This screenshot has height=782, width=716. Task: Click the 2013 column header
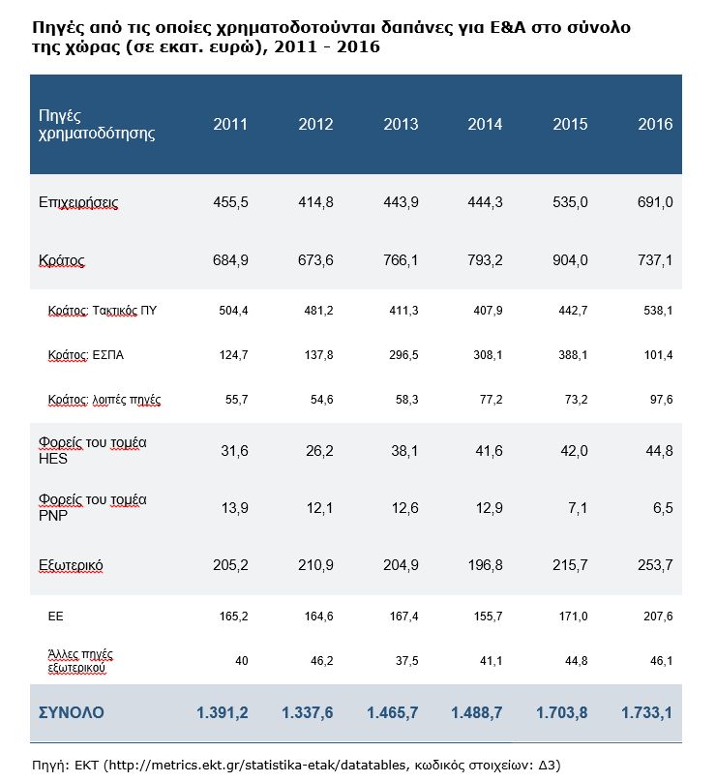[x=401, y=125]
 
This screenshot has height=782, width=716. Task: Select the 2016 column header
[x=655, y=125]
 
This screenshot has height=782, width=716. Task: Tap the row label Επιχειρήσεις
[x=79, y=202]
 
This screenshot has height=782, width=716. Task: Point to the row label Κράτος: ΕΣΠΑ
[x=86, y=355]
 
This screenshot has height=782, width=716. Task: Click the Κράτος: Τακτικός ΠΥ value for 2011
[x=232, y=311]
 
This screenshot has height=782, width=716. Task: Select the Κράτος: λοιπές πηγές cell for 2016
[x=658, y=399]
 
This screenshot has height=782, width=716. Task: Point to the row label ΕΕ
[x=56, y=615]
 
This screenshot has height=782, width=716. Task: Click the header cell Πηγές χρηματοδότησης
[x=96, y=125]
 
